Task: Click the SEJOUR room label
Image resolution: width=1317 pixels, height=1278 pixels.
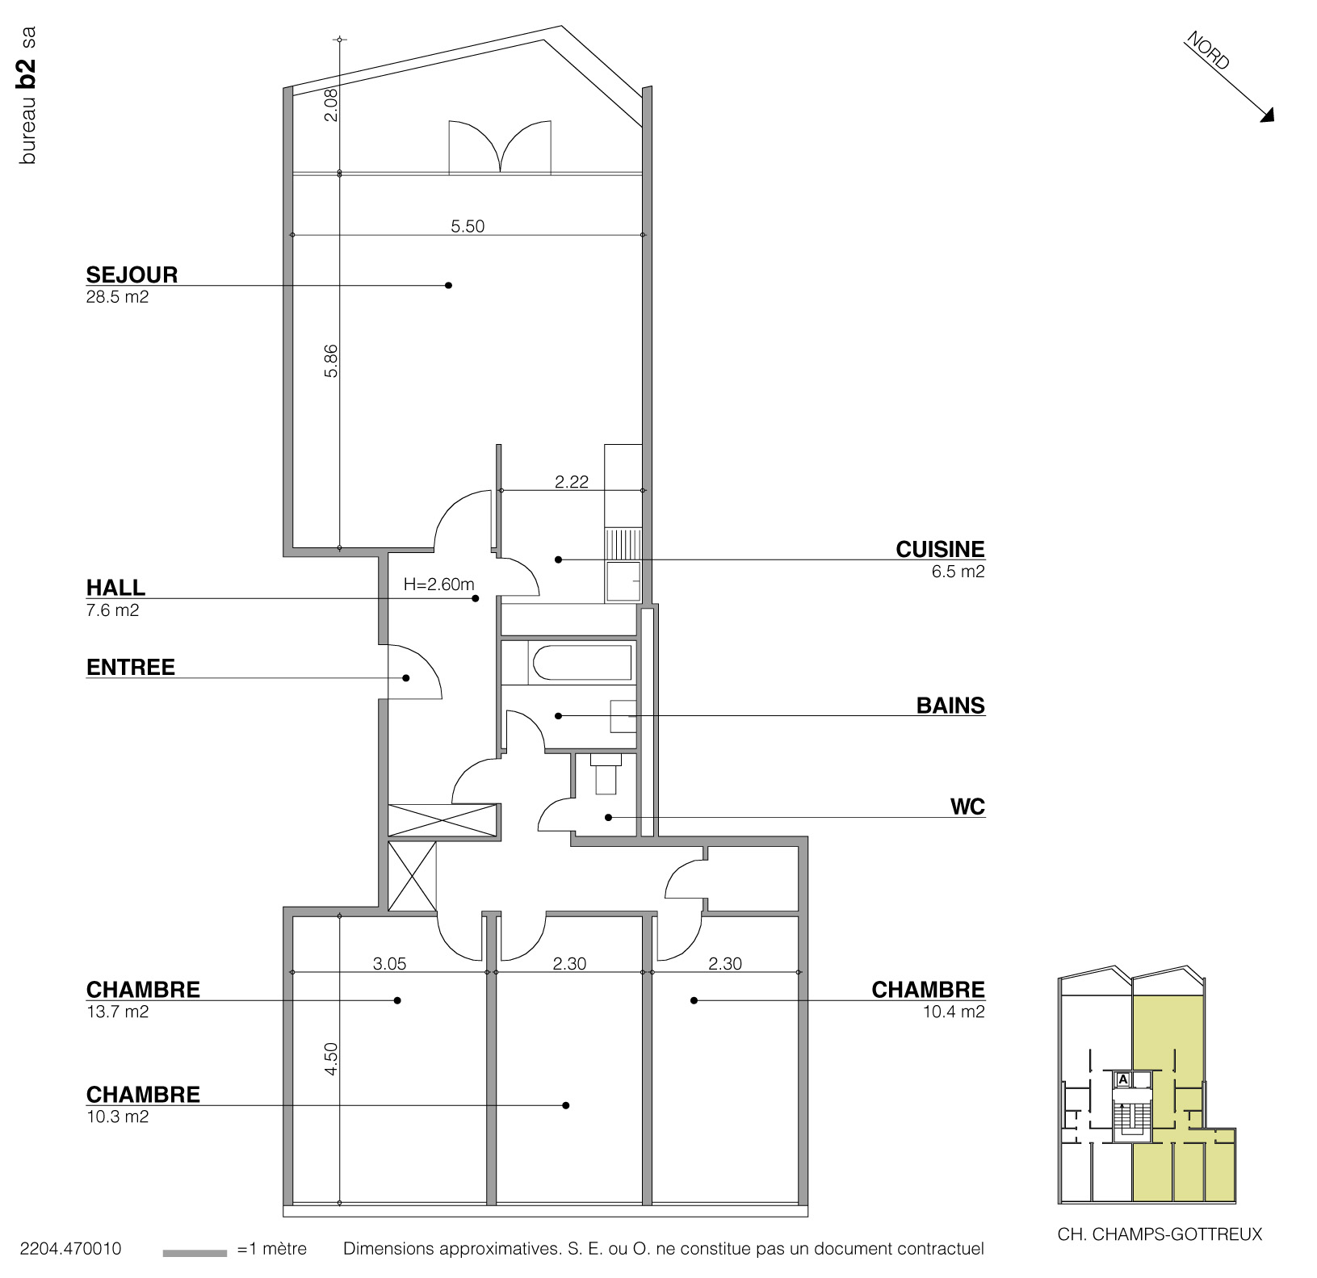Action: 132,274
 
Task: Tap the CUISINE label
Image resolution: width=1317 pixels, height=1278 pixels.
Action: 940,550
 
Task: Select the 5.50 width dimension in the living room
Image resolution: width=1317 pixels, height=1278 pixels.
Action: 468,227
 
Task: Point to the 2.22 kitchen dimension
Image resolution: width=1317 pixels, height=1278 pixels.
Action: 572,482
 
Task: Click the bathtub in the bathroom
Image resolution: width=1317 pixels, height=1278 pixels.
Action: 581,663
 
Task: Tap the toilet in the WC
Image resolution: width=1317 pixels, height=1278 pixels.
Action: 606,776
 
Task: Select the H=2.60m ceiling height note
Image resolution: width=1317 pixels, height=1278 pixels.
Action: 438,585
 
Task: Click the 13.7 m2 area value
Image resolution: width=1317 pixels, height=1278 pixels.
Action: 118,1012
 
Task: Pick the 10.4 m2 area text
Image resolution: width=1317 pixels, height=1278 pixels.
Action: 954,1012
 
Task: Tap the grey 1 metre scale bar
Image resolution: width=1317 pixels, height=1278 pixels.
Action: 195,1253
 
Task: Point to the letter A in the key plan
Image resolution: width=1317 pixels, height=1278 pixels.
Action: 1122,1079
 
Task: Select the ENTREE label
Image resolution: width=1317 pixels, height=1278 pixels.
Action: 131,668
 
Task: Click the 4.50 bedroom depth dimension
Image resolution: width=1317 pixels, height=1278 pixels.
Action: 331,1058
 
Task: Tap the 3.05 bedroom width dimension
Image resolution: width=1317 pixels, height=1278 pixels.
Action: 389,963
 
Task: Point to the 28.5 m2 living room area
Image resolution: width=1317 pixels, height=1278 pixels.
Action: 118,297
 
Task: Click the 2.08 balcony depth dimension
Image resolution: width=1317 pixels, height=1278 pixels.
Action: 331,105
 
